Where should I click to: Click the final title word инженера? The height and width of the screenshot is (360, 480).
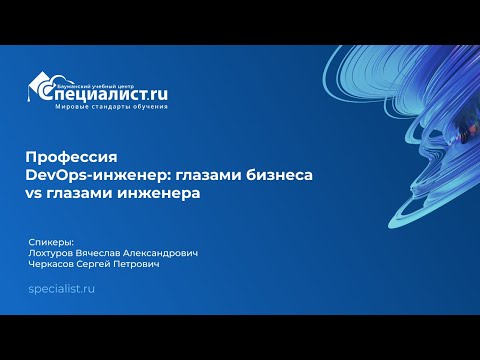coord(156,193)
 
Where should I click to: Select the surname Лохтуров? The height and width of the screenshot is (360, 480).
coord(55,254)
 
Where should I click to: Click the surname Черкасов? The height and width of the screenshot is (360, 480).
coord(55,266)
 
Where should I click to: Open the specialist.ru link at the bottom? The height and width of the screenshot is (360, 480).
coord(62,288)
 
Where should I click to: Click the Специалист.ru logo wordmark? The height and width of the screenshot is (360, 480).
coord(110,94)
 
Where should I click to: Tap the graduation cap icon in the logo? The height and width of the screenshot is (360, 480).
coord(40,87)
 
